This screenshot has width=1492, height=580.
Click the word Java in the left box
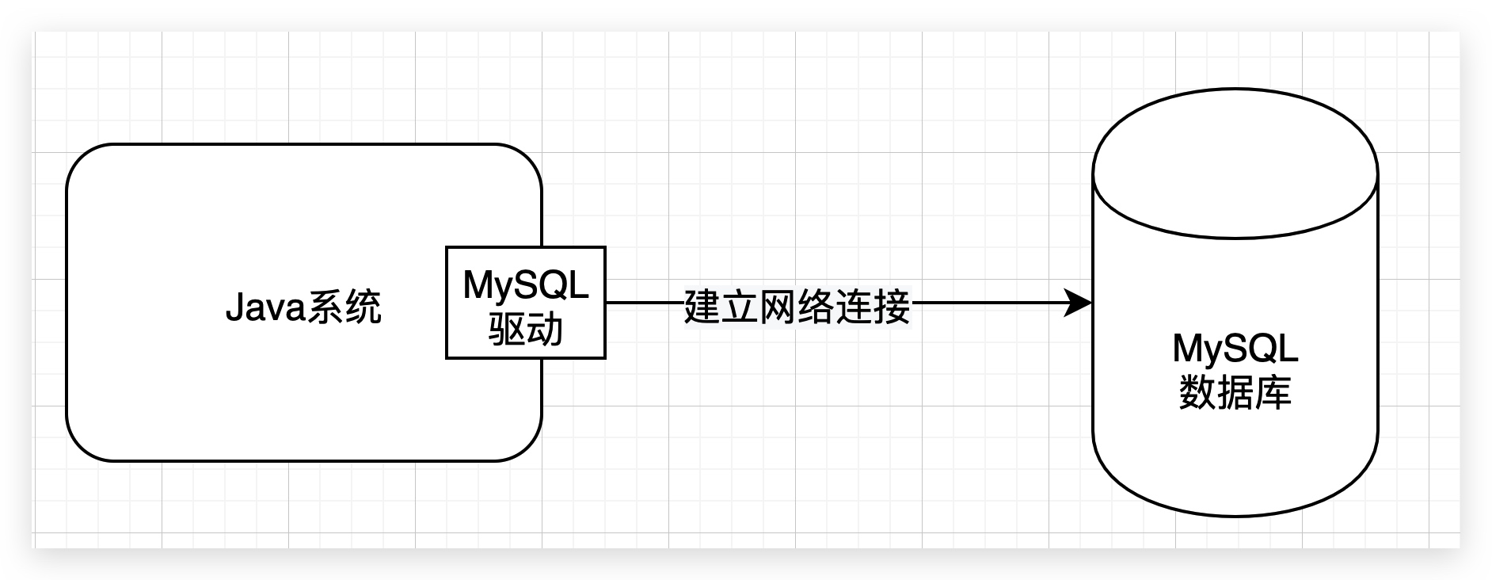(265, 307)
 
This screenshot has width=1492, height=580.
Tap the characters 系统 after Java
(344, 307)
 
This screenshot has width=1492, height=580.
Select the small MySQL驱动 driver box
(526, 303)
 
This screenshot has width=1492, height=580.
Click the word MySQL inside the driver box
(526, 284)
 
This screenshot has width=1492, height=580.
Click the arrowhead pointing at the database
(1079, 303)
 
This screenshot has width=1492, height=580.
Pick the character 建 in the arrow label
(702, 307)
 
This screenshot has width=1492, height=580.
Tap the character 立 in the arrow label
(740, 307)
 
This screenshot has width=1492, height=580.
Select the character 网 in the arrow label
(778, 307)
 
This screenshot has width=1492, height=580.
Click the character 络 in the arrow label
(816, 307)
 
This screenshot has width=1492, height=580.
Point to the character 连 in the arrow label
(854, 307)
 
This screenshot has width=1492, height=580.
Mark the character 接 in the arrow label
(893, 307)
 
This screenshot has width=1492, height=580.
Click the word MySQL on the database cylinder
(1235, 348)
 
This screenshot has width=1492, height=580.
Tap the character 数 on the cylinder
(1197, 392)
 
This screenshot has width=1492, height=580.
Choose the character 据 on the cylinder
(1235, 392)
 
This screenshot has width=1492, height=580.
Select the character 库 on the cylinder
(1273, 392)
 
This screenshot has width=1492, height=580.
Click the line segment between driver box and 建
(645, 303)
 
